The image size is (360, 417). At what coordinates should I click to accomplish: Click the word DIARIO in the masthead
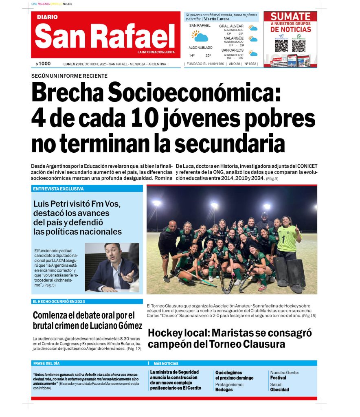click(47, 17)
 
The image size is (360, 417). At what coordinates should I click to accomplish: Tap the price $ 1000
click(43, 64)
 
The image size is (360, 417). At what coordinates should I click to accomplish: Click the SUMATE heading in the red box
click(290, 17)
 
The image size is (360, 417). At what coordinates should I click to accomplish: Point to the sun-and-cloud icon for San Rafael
click(200, 36)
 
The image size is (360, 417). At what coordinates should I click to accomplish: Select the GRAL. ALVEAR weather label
click(231, 26)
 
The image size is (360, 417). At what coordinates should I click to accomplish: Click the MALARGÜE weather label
click(233, 38)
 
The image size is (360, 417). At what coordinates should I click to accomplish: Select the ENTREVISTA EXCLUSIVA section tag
click(58, 189)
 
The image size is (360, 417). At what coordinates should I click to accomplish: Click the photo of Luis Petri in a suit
click(112, 267)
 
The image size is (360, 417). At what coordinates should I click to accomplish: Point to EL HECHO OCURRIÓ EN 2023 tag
click(59, 302)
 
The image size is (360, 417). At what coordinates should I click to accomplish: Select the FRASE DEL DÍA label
click(46, 363)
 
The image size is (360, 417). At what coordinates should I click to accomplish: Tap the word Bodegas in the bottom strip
click(224, 390)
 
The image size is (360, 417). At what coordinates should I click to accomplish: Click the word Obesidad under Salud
click(279, 390)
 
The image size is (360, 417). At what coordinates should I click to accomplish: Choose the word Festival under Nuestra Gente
click(279, 378)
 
